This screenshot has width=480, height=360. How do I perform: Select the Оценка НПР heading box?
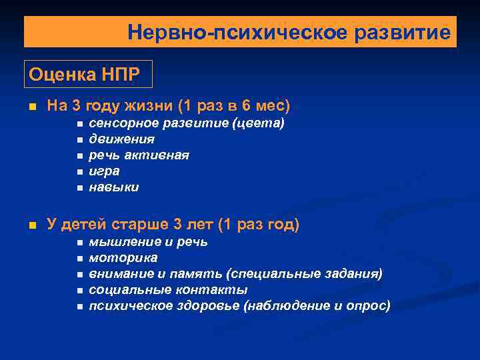[x=89, y=74]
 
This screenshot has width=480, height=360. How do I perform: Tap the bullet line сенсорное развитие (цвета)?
[x=187, y=123]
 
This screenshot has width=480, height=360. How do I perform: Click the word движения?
[x=121, y=139]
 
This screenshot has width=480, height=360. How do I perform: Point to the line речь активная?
[x=139, y=155]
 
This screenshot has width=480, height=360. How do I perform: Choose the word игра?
[x=104, y=171]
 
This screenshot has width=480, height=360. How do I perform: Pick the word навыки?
[x=114, y=187]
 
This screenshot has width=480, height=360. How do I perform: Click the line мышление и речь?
[x=148, y=242]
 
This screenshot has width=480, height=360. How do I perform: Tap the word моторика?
[x=123, y=258]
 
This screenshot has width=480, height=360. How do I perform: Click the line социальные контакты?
[x=168, y=290]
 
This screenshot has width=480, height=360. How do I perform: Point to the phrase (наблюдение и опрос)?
[x=317, y=306]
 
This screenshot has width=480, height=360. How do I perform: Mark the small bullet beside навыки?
[x=79, y=188]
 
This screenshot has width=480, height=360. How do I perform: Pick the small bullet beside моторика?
[x=79, y=259]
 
